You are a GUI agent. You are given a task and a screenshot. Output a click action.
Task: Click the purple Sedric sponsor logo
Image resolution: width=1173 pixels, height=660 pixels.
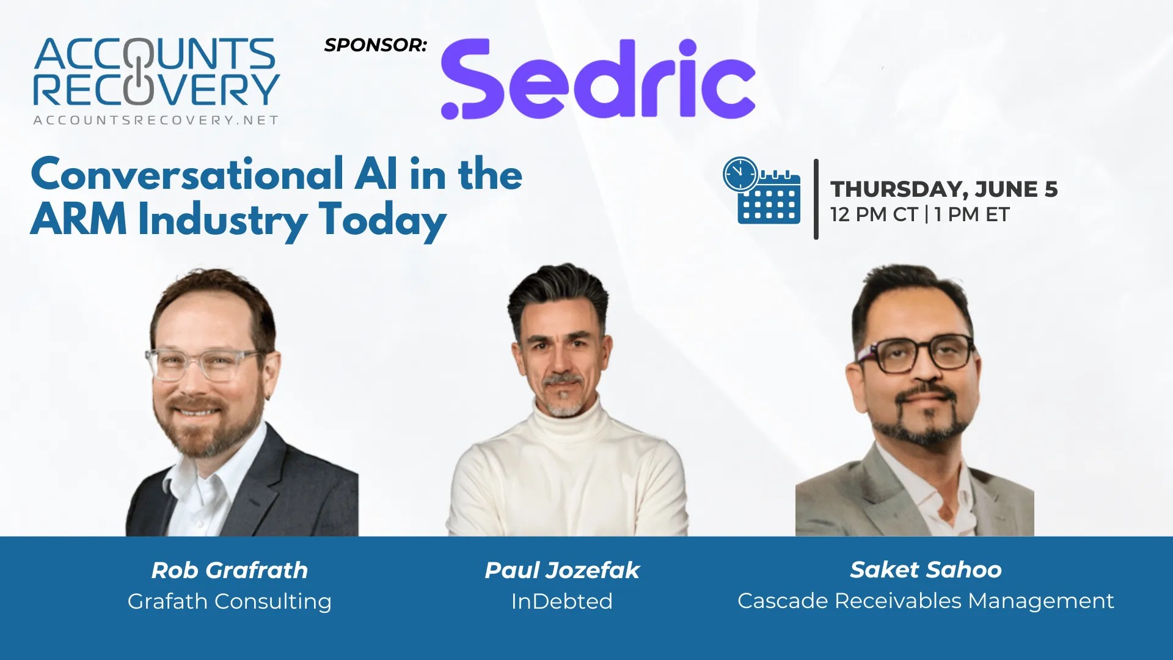click(598, 79)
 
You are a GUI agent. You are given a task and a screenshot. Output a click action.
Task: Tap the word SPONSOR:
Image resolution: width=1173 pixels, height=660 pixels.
click(375, 45)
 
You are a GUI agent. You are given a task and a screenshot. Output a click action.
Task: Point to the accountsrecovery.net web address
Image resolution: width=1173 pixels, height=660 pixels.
click(156, 120)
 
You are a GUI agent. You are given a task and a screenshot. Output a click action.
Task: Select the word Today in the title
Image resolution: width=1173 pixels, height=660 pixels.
click(382, 221)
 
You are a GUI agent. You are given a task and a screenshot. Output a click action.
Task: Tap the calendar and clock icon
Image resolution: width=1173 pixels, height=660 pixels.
click(761, 190)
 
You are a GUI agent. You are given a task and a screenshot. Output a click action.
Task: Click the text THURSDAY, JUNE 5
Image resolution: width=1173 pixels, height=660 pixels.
click(944, 189)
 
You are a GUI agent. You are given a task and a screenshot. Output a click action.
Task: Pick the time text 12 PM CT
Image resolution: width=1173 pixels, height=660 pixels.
click(874, 215)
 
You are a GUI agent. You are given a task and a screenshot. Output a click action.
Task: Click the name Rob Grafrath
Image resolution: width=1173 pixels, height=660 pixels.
click(230, 570)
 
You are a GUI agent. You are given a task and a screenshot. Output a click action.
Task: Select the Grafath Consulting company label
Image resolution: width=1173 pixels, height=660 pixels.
click(230, 601)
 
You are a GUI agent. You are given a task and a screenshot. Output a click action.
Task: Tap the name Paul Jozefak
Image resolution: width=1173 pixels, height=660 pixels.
click(562, 570)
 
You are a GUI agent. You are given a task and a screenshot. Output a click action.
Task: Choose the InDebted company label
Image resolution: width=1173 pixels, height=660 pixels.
click(562, 601)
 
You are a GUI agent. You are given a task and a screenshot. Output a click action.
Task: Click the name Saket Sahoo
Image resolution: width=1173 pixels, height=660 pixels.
click(926, 570)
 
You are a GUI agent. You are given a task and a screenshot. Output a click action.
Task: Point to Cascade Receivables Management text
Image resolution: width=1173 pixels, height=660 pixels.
click(926, 601)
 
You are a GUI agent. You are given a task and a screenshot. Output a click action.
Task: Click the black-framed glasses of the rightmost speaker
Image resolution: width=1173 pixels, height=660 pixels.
click(916, 353)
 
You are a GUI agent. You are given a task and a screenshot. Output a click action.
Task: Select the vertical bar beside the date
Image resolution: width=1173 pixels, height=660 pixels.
click(816, 199)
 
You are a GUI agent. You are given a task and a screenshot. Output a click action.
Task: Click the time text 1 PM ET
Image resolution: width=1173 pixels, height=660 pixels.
click(972, 215)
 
